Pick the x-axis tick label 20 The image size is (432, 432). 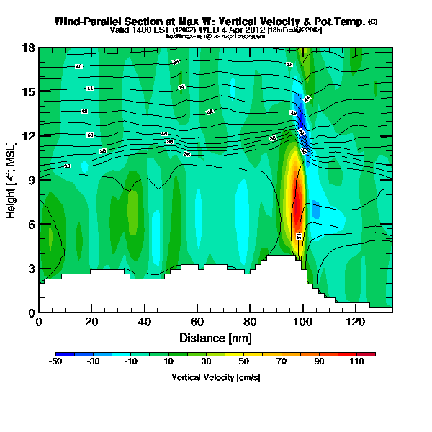pyautogui.click(x=91, y=323)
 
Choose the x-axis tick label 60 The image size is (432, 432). pyautogui.click(x=197, y=323)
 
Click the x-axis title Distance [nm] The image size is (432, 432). pyautogui.click(x=215, y=338)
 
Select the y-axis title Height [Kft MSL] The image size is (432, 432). pyautogui.click(x=12, y=180)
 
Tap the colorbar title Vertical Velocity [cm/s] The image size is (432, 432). pyautogui.click(x=215, y=377)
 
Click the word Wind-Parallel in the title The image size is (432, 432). pyautogui.click(x=89, y=22)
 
